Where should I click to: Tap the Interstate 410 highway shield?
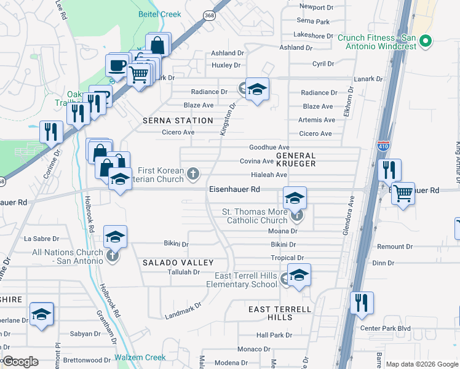(x=381, y=146)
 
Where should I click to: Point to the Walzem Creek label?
(x=140, y=357)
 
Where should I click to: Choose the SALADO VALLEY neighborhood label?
(x=169, y=263)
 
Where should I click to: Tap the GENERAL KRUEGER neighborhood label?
(x=295, y=160)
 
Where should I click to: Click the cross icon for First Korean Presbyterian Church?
(x=194, y=174)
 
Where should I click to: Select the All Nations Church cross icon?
(x=112, y=256)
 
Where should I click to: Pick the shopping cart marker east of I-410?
(x=403, y=193)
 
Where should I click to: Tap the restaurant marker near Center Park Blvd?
(x=362, y=302)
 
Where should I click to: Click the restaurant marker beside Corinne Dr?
(x=50, y=131)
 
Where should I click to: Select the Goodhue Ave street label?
(x=269, y=148)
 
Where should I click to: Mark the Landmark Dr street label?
(x=183, y=310)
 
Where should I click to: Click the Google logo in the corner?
(x=20, y=362)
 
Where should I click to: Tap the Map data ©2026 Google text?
(x=421, y=364)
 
